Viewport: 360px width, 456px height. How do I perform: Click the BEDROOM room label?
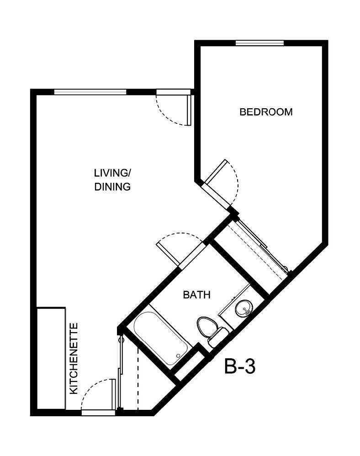(x=266, y=112)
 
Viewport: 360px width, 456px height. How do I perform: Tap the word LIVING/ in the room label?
(x=112, y=173)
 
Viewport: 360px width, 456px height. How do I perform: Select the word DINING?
(x=112, y=187)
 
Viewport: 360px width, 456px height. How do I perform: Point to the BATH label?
(x=196, y=295)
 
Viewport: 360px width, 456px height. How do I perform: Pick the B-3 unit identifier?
(x=239, y=366)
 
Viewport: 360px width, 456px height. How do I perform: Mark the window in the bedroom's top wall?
(x=259, y=43)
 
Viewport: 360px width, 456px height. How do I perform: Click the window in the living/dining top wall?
(x=90, y=92)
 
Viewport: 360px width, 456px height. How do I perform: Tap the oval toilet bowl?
(x=206, y=326)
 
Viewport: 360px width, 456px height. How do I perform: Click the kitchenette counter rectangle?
(x=51, y=358)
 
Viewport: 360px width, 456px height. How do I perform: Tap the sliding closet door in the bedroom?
(x=263, y=247)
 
